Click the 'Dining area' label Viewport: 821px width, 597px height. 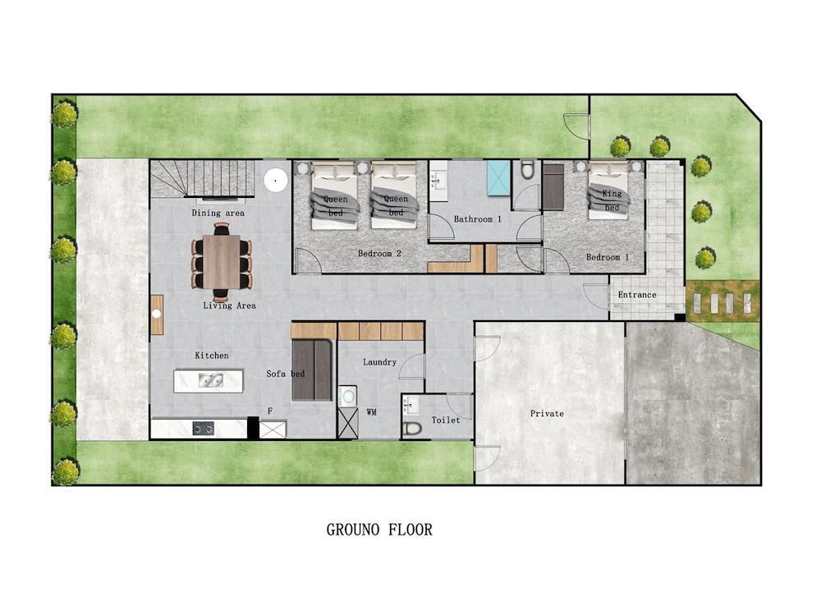point(218,214)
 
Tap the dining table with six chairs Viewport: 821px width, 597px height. point(222,262)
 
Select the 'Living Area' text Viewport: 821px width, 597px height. point(229,306)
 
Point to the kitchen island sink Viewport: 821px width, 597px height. point(209,380)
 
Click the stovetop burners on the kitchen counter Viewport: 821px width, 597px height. point(203,428)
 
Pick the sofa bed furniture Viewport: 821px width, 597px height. point(312,370)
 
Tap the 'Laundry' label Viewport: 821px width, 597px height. point(379,362)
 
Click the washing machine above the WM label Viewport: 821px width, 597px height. point(348,396)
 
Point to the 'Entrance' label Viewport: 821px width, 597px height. point(637,295)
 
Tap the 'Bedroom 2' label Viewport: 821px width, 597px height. point(379,254)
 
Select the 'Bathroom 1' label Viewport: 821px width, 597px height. point(478,219)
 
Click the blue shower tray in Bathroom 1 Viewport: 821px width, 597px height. point(498,178)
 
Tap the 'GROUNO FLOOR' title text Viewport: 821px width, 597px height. point(379,530)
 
